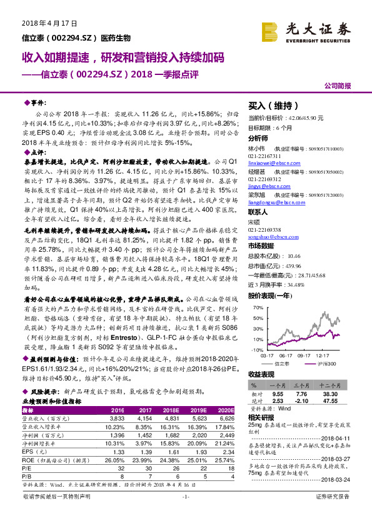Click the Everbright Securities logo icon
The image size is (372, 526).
[270, 31]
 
